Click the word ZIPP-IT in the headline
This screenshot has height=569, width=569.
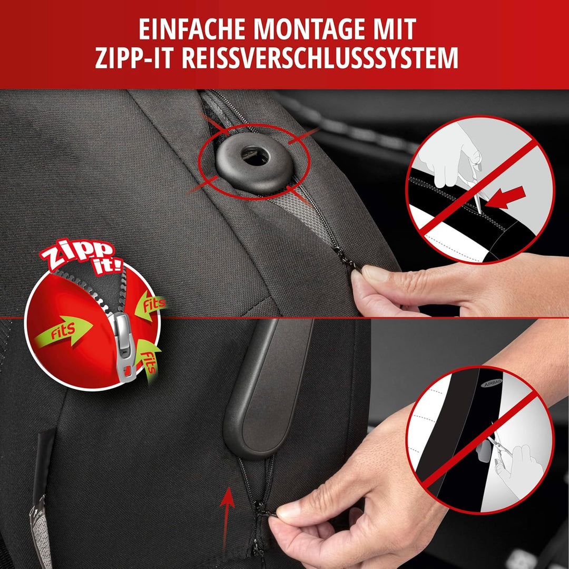point(135,58)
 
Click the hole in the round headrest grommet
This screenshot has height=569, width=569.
point(256,156)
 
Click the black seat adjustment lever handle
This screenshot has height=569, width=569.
point(266,390)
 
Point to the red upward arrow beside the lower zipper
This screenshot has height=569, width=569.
point(227,514)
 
